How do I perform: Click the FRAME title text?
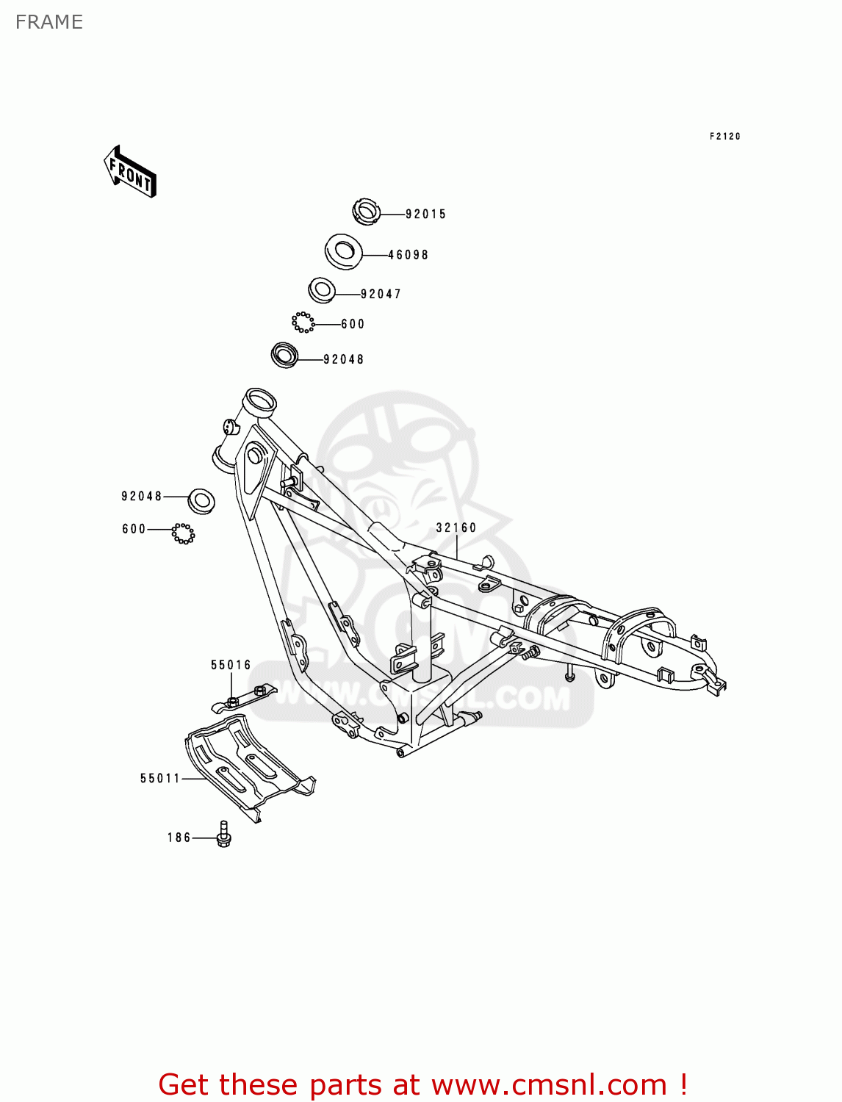pos(49,22)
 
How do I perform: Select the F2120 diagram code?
pos(724,137)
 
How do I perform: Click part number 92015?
pos(425,215)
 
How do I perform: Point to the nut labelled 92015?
pos(365,212)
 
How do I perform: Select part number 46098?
pos(408,255)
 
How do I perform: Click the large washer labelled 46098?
pos(343,252)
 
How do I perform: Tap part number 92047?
pos(381,294)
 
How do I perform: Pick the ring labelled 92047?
pos(321,289)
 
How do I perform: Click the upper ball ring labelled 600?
pos(303,322)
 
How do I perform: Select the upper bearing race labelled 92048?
pos(284,356)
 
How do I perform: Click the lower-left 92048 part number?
pos(141,497)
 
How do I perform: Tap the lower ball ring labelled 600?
pos(183,533)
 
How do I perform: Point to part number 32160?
pos(456,527)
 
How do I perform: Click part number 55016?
pos(231,665)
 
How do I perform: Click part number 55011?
pos(160,778)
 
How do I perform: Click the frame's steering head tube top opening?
pos(260,401)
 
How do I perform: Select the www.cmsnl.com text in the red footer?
pos(549,1084)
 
